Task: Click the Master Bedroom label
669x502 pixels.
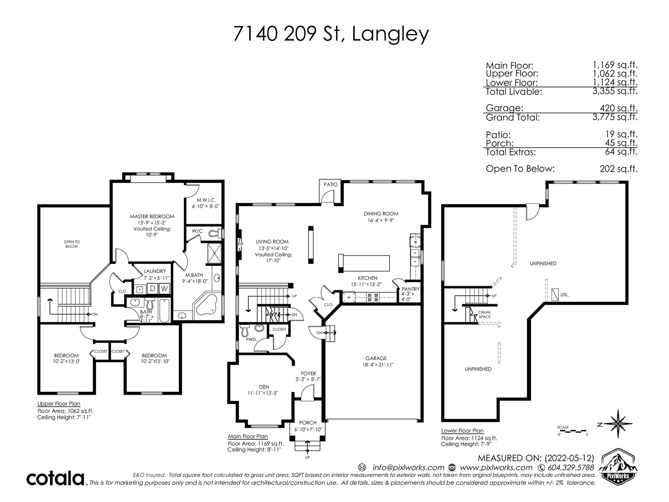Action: pos(152,216)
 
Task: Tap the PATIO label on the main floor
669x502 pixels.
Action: pos(331,184)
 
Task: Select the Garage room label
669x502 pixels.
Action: pos(376,358)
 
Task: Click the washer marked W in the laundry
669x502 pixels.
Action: pos(165,288)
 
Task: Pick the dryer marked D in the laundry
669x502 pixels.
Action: pos(152,288)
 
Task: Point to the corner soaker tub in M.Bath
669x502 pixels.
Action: pos(206,305)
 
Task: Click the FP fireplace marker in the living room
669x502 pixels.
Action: pos(240,244)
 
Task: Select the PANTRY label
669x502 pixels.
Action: pos(411,289)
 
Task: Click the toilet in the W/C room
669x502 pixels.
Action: pos(217,233)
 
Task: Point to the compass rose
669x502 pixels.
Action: pos(618,424)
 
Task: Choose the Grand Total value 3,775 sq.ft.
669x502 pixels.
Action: pos(615,117)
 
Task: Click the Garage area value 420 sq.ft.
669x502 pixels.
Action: pos(619,108)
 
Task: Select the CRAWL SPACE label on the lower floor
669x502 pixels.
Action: pos(484,315)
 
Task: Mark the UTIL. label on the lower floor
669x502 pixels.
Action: pos(565,295)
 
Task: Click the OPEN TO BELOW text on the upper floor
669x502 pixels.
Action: pos(71,244)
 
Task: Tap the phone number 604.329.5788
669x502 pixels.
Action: pos(571,468)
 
